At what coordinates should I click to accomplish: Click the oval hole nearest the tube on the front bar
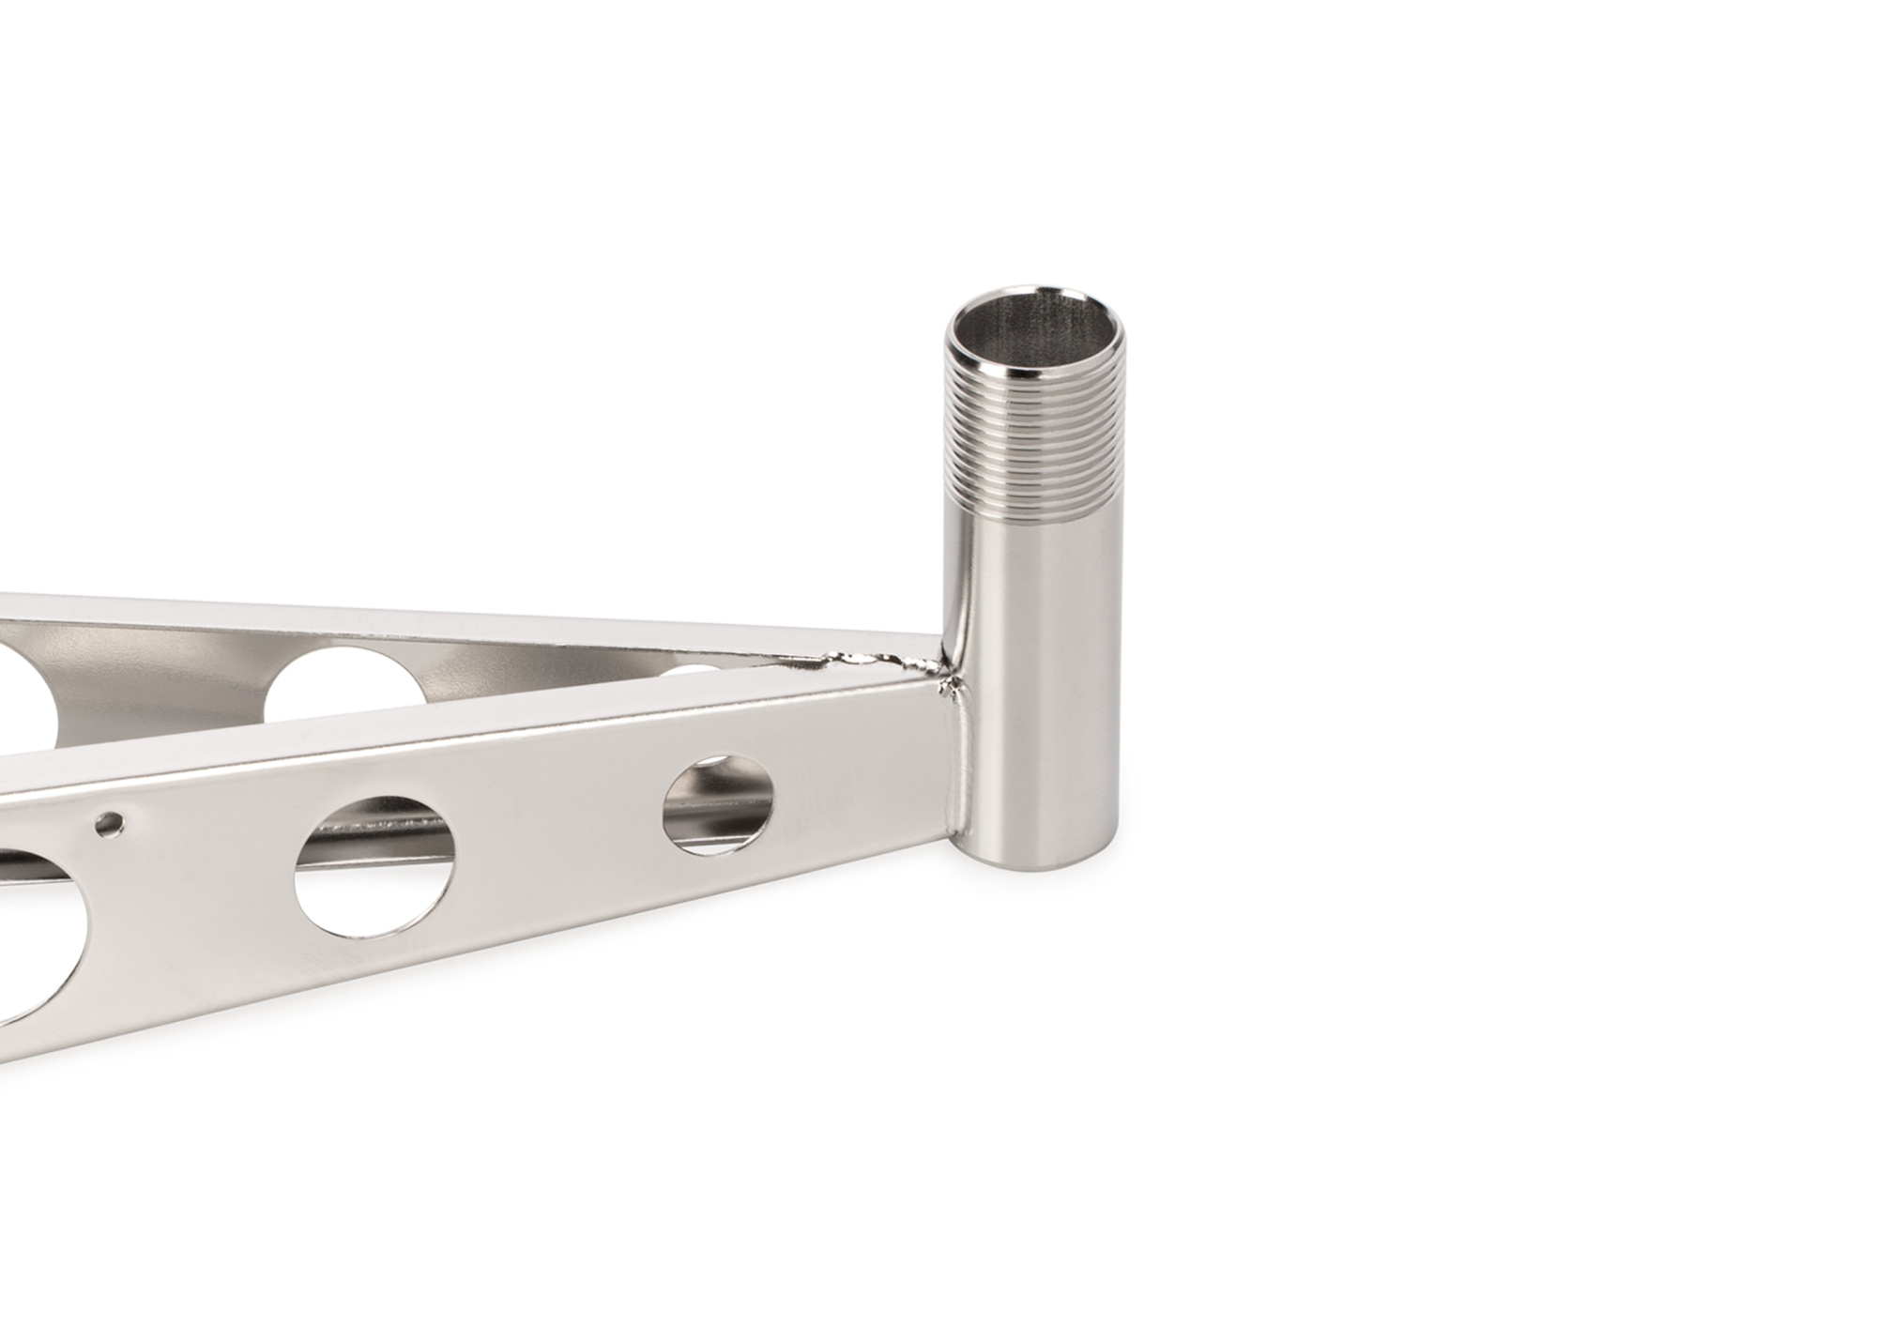click(719, 805)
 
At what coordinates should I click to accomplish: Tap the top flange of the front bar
click(469, 741)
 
